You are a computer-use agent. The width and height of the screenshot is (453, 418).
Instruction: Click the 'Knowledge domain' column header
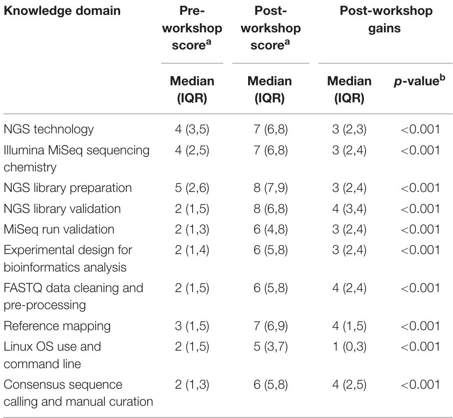click(62, 11)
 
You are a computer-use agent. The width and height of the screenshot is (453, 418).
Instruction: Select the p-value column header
click(419, 82)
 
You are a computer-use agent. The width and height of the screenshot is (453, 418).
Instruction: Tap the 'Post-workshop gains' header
click(386, 20)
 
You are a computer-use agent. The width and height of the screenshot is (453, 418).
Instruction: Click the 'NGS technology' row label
click(48, 129)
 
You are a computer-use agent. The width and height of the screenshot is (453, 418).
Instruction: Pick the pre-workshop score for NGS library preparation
click(192, 188)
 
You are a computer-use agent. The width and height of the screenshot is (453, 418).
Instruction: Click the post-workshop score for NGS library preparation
click(270, 188)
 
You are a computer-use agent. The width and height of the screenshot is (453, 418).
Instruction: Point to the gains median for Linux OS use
click(349, 347)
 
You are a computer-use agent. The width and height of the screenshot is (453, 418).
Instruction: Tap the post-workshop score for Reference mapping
click(270, 326)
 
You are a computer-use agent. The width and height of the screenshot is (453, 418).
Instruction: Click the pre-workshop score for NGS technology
click(192, 129)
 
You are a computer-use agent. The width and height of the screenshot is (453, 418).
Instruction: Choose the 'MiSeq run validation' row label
click(59, 230)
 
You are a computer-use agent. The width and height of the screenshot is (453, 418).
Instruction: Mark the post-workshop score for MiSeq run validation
click(270, 230)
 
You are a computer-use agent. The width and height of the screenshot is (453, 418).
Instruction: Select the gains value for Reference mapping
click(349, 326)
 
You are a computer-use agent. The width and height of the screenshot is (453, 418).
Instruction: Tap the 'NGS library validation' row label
click(62, 209)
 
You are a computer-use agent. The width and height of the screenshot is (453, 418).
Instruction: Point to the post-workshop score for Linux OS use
click(270, 347)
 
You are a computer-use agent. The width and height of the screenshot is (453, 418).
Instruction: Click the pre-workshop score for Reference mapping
click(192, 326)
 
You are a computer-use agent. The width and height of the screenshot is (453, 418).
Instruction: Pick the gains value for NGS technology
click(349, 129)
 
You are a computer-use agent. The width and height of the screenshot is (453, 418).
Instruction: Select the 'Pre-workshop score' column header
click(192, 28)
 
